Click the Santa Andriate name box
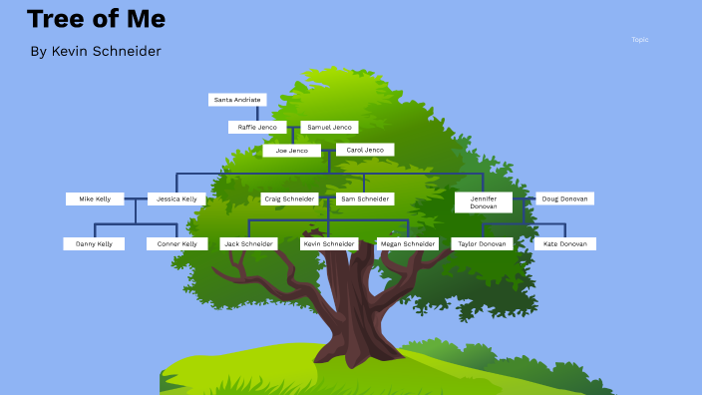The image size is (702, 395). (x=237, y=100)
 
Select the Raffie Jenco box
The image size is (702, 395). (x=257, y=127)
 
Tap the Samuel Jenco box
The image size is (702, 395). (x=329, y=127)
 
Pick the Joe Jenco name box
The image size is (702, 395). (x=292, y=151)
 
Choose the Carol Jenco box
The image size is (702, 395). (x=365, y=150)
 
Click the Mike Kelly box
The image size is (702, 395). (x=95, y=198)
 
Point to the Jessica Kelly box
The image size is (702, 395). (x=176, y=198)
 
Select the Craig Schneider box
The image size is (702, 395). (x=289, y=198)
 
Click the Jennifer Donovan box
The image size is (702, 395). (x=484, y=202)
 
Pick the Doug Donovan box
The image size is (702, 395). (x=565, y=198)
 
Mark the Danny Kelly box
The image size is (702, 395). (x=94, y=243)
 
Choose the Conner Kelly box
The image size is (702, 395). (x=177, y=243)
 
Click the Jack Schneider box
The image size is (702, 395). (x=248, y=243)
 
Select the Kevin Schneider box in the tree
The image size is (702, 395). (x=329, y=243)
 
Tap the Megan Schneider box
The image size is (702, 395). (x=408, y=243)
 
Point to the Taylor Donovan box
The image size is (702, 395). (x=482, y=243)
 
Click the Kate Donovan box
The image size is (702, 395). (x=564, y=243)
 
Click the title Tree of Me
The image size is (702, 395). (x=96, y=19)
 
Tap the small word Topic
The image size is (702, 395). (x=640, y=40)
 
